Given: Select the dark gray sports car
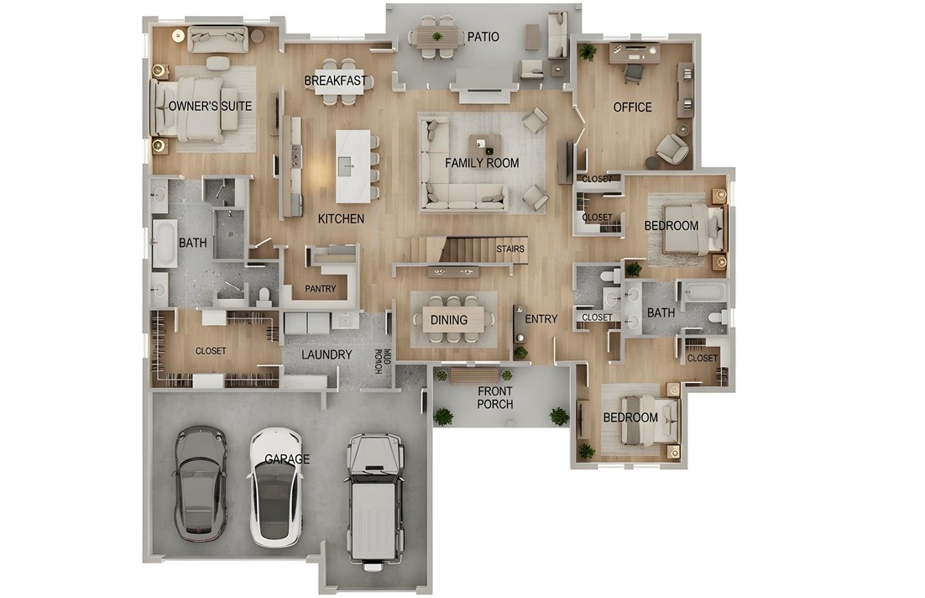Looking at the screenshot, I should [x=201, y=484].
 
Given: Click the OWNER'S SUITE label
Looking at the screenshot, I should [x=199, y=107].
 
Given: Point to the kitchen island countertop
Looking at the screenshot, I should [x=353, y=165].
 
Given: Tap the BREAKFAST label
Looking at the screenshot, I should [x=336, y=81].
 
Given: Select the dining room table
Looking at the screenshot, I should [x=452, y=319].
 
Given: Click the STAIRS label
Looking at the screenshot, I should [x=510, y=249].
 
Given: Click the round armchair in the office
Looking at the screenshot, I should [x=672, y=149].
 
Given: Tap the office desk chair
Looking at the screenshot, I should [x=633, y=73].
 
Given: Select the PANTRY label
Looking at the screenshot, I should [x=320, y=289].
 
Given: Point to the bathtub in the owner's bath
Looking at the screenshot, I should [x=164, y=244].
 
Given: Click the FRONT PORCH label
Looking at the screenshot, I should [x=495, y=397].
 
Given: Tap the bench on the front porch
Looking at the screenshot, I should [x=473, y=375].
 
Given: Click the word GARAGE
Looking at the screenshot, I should [x=287, y=459].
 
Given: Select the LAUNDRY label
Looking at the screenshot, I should [x=327, y=355].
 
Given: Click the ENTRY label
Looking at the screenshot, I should [x=541, y=319].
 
